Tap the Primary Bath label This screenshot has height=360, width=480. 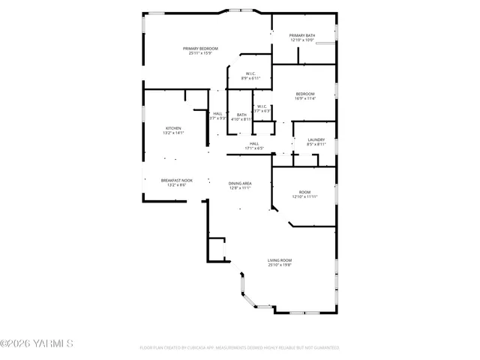click(x=302, y=36)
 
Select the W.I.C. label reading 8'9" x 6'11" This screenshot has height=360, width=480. click(x=251, y=73)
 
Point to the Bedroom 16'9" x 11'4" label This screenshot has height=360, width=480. click(x=304, y=94)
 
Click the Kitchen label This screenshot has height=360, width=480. click(x=173, y=128)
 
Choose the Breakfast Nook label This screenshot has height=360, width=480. click(x=176, y=180)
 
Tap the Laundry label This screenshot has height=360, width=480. click(x=316, y=139)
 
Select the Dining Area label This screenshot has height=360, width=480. click(x=240, y=184)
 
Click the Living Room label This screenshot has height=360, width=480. click(x=280, y=260)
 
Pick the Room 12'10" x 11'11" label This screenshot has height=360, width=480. click(x=304, y=193)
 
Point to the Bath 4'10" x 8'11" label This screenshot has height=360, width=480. click(x=241, y=115)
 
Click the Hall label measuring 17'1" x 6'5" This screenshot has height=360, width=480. click(x=254, y=143)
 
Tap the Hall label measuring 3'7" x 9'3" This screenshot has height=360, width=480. click(x=217, y=113)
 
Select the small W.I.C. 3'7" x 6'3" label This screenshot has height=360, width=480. click(x=262, y=106)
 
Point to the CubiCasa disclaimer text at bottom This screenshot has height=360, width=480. click(x=239, y=348)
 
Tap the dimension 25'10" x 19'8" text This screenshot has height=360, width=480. click(x=280, y=265)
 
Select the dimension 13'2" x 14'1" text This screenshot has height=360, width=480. click(x=173, y=133)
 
